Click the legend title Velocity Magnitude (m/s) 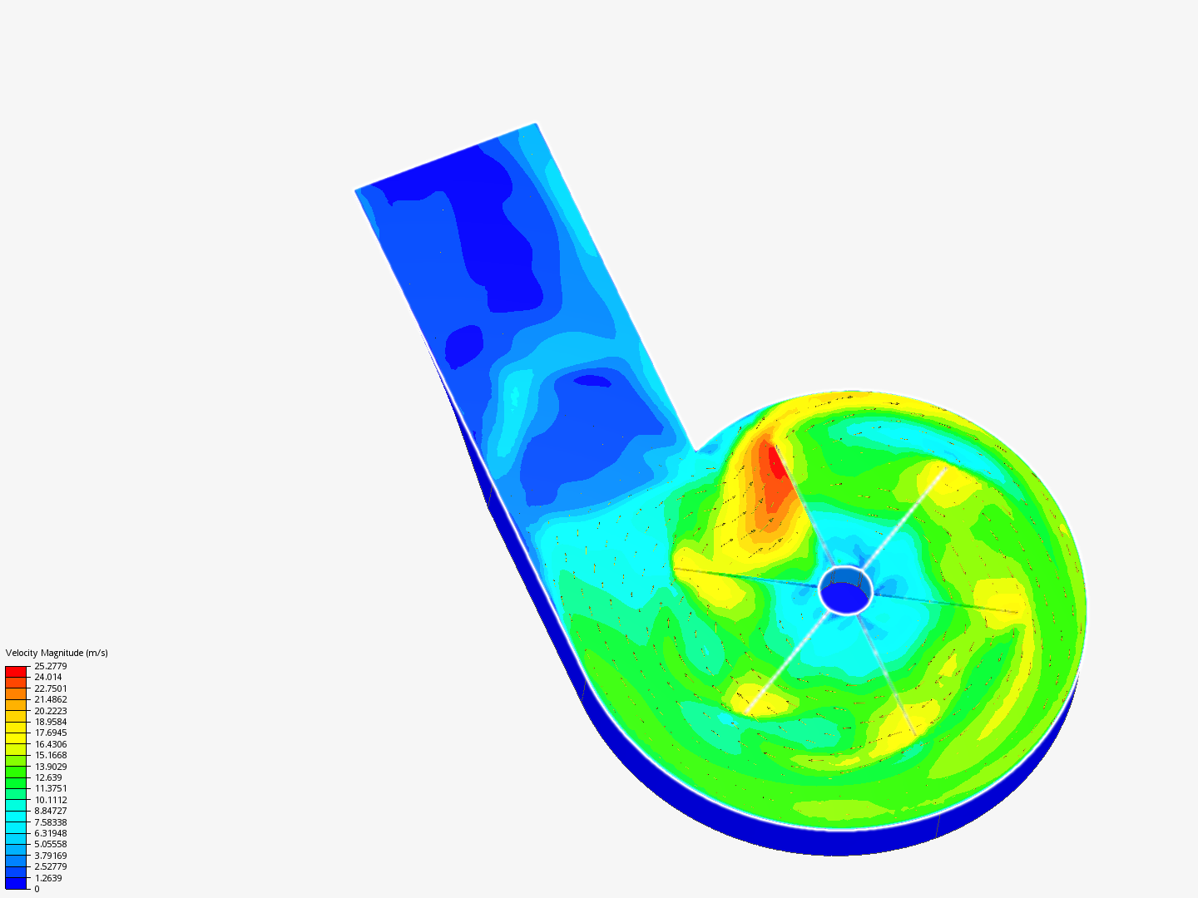click(x=57, y=653)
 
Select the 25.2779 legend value click(x=51, y=666)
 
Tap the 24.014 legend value click(x=48, y=677)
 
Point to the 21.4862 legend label click(x=51, y=699)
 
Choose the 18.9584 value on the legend click(x=51, y=722)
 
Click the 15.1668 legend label click(x=51, y=755)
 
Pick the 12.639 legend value click(x=48, y=777)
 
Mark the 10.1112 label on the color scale click(x=51, y=800)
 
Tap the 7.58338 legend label click(x=51, y=822)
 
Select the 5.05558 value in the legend click(x=51, y=844)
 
